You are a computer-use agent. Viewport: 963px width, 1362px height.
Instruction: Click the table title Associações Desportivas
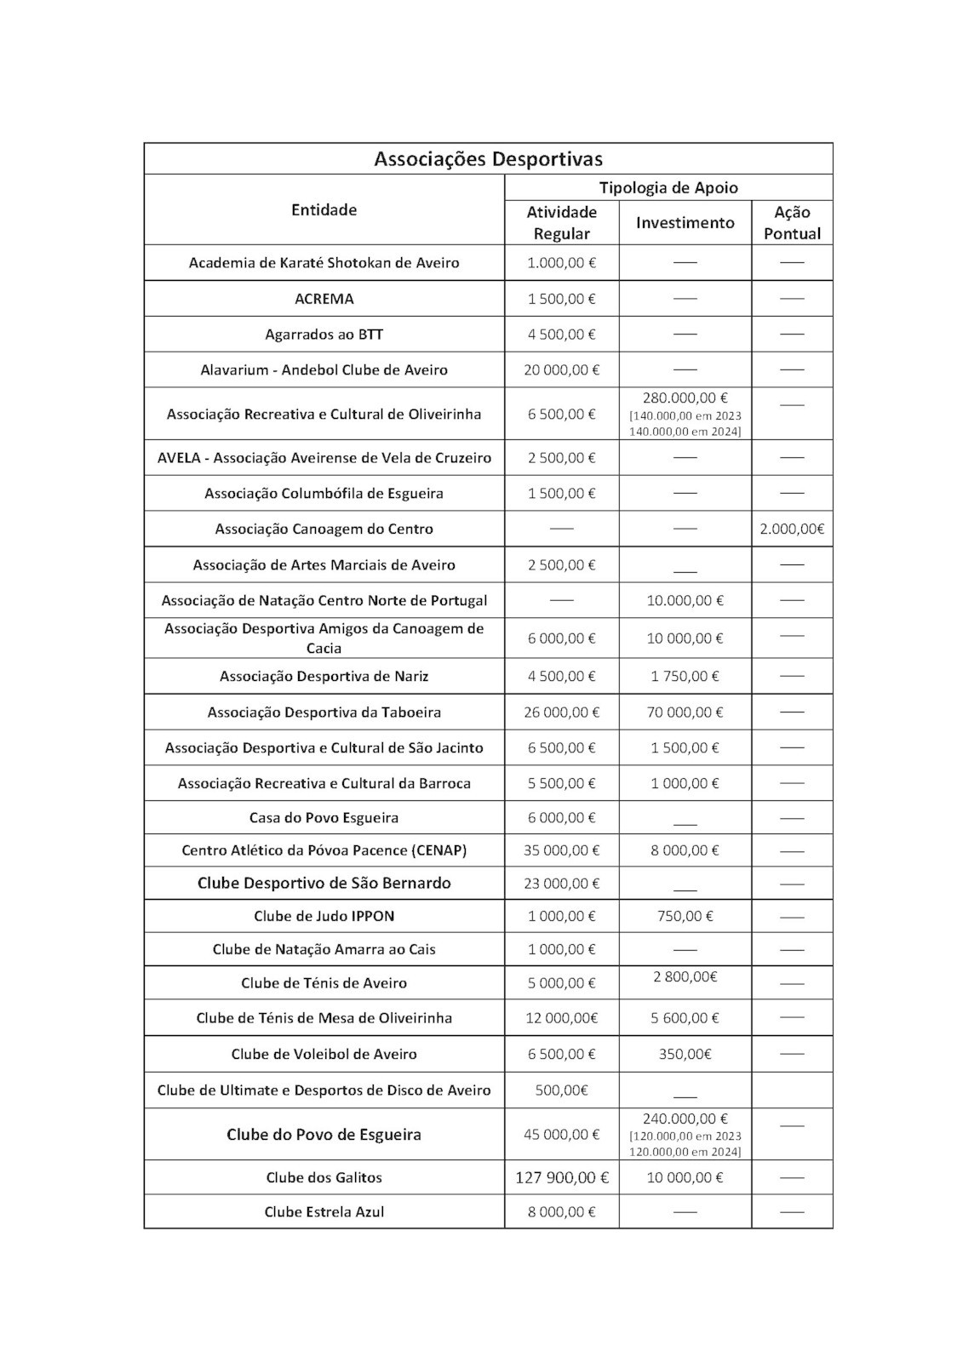[x=488, y=159]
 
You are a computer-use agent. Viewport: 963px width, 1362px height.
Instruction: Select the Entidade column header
[x=324, y=209]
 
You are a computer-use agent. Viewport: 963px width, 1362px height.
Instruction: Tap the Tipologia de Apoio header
[x=668, y=187]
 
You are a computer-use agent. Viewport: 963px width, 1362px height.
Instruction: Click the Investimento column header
[x=685, y=222]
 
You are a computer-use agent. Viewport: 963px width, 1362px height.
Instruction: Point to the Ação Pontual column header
[x=792, y=222]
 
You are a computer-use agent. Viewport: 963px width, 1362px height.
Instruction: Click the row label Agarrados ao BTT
[x=324, y=335]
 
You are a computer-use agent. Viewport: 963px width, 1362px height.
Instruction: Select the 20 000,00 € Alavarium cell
[x=561, y=369]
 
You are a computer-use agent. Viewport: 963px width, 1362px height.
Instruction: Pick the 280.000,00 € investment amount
[x=685, y=398]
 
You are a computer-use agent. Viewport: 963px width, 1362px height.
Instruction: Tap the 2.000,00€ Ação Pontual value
[x=792, y=529]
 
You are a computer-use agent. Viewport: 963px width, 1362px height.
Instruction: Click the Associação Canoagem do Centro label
[x=324, y=529]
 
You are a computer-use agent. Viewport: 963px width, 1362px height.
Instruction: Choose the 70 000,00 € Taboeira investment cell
[x=685, y=712]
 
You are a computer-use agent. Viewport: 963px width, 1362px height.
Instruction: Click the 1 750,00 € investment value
[x=685, y=676]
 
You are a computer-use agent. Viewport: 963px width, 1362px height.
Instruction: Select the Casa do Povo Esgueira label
[x=324, y=817]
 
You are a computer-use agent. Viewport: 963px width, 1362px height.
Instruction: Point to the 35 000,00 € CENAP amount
[x=561, y=850]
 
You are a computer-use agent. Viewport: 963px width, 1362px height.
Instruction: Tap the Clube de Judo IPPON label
[x=324, y=916]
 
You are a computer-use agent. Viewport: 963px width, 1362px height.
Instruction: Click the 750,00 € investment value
[x=685, y=916]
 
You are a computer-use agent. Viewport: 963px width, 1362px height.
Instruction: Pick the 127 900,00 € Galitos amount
[x=561, y=1177]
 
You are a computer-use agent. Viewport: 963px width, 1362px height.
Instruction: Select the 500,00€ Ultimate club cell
[x=561, y=1090]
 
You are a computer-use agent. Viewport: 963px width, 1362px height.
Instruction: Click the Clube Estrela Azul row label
[x=324, y=1211]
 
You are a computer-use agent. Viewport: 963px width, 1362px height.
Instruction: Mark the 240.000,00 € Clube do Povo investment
[x=685, y=1119]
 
